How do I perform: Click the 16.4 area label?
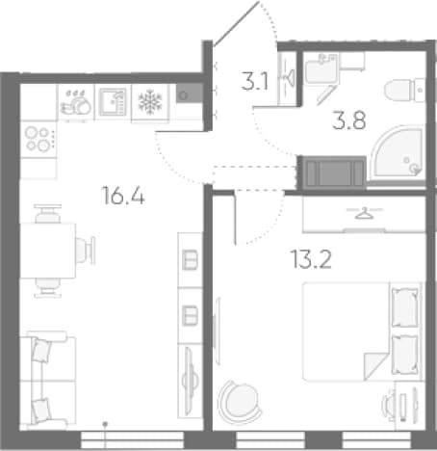[x=123, y=196]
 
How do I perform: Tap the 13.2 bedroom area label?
[x=311, y=259]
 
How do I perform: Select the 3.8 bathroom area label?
[x=349, y=119]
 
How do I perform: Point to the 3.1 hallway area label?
[x=254, y=82]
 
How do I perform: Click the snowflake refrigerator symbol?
[x=150, y=103]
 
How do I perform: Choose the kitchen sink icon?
[x=113, y=102]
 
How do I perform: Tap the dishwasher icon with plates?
[x=76, y=102]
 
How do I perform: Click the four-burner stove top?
[x=38, y=140]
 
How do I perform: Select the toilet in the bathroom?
[x=404, y=91]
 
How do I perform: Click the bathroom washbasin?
[x=321, y=69]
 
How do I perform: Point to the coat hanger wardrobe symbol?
[x=364, y=213]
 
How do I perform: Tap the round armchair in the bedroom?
[x=239, y=400]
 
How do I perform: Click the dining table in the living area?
[x=48, y=251]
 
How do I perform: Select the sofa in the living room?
[x=47, y=381]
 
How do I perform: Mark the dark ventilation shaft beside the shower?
[x=332, y=172]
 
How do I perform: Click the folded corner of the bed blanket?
[x=374, y=364]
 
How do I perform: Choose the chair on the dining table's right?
[x=86, y=251]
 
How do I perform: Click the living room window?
[x=132, y=440]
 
